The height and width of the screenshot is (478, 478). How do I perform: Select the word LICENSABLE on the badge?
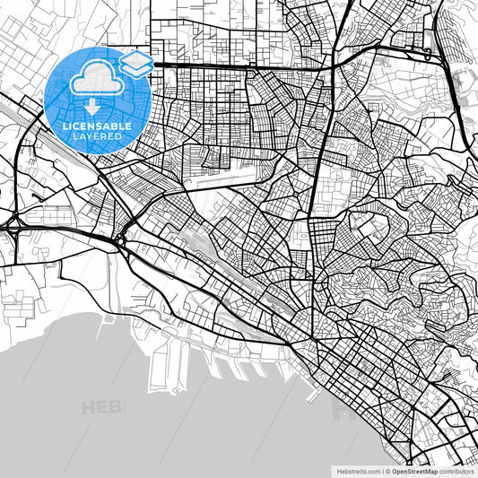tap(97, 126)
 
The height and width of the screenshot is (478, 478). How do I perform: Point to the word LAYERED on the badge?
tap(97, 137)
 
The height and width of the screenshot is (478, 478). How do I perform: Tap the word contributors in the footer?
tap(457, 471)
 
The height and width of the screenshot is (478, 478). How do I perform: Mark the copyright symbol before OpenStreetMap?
tap(388, 471)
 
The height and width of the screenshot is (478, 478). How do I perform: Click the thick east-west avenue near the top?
tap(242, 65)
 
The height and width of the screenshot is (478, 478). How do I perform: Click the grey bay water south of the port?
tap(179, 422)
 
